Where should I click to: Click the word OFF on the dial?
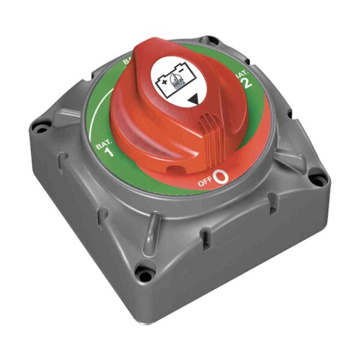tap(205, 182)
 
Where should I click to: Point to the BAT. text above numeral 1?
tap(103, 143)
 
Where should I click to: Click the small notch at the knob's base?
tap(175, 170)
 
